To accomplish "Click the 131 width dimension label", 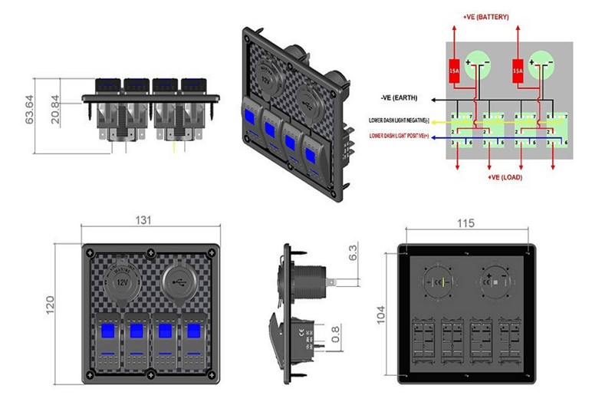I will (x=144, y=219).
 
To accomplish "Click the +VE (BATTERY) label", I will (x=485, y=17).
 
